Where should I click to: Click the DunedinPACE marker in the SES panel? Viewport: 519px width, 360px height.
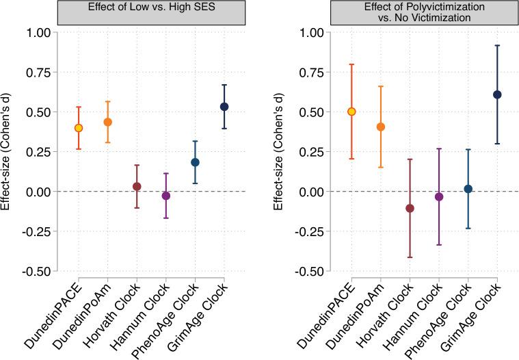pyautogui.click(x=79, y=128)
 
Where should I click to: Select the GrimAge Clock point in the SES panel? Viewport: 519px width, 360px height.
pyautogui.click(x=224, y=107)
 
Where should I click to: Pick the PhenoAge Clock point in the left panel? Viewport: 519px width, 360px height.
pyautogui.click(x=195, y=162)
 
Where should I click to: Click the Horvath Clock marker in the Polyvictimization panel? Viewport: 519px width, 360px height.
pyautogui.click(x=410, y=208)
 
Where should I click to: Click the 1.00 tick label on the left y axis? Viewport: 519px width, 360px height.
pyautogui.click(x=39, y=32)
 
